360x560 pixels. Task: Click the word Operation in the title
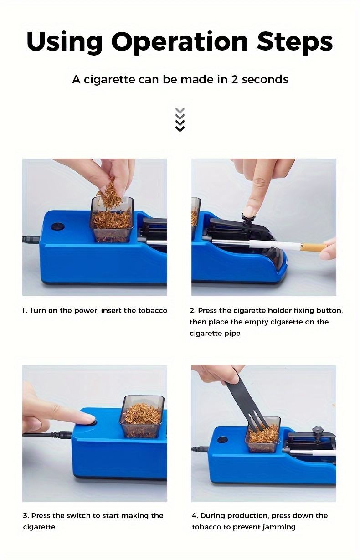click(180, 42)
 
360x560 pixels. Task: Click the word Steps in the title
click(295, 41)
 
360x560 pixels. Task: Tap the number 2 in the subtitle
click(234, 79)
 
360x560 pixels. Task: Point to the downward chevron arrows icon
click(180, 119)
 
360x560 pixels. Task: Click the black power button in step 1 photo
click(58, 226)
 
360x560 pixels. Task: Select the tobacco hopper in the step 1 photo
click(112, 220)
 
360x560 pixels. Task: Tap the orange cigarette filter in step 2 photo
click(314, 247)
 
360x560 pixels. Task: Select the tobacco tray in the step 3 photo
click(142, 416)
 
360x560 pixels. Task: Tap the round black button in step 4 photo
click(222, 440)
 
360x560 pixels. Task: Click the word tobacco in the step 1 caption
click(153, 310)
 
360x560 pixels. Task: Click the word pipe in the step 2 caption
click(232, 334)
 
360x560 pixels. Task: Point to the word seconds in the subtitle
click(265, 79)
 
